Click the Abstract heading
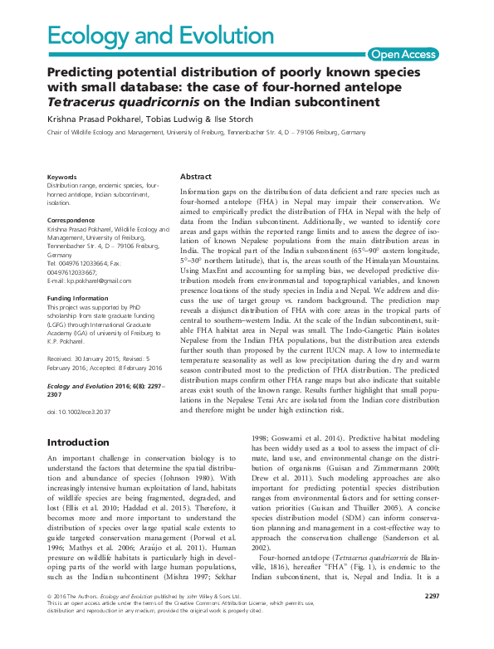pos(196,177)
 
